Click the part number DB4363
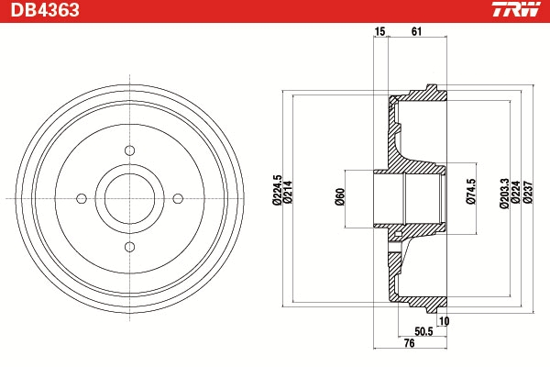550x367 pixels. tap(45, 10)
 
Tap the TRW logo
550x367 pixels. tap(516, 9)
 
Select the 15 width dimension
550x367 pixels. tap(379, 31)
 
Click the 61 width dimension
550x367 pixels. tap(416, 31)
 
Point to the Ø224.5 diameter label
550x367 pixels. tap(277, 190)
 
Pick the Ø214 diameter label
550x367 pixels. tap(288, 192)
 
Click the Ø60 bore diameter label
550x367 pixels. tap(340, 196)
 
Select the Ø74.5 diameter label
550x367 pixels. tap(471, 192)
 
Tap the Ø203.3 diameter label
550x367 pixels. tap(504, 194)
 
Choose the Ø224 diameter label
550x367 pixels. tap(515, 192)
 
